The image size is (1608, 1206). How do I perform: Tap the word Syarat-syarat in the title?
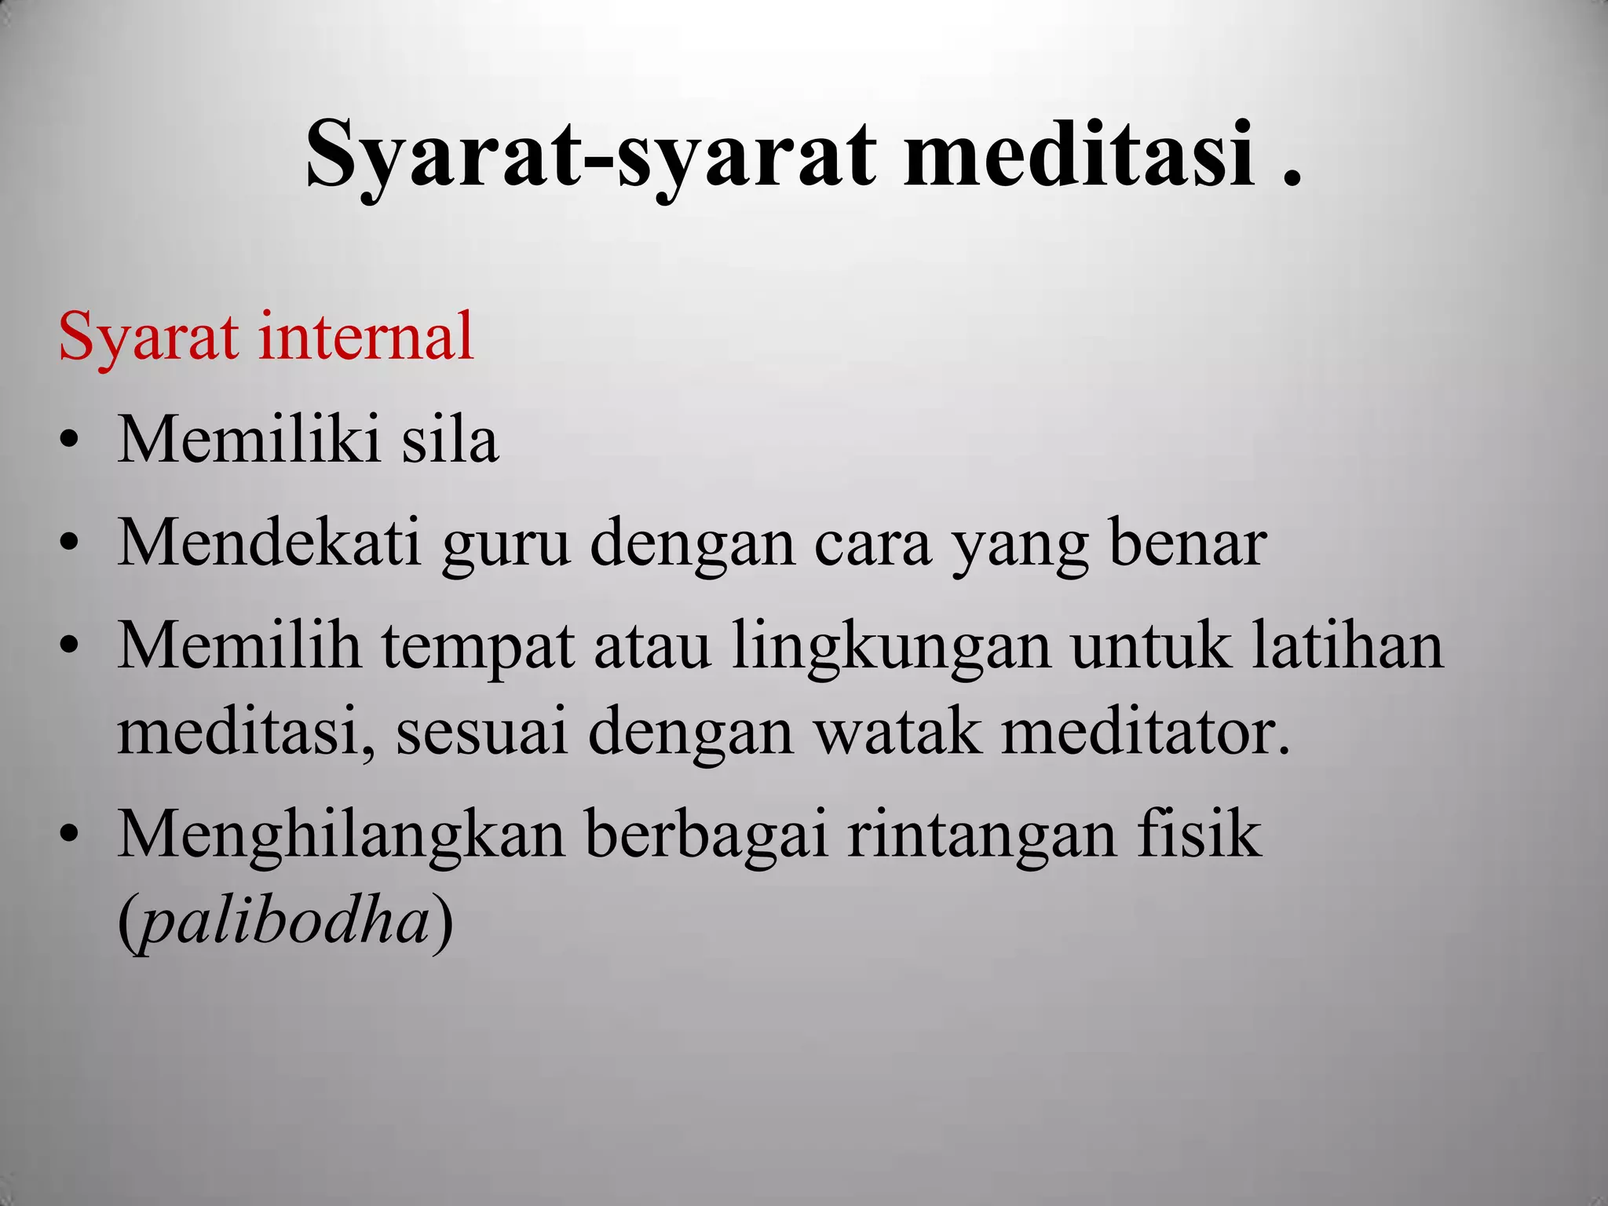click(589, 155)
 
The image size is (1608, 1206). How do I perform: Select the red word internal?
click(366, 336)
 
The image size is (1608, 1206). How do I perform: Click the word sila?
click(450, 440)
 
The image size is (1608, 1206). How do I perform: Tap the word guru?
click(505, 545)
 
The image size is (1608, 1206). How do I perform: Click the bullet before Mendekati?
click(69, 543)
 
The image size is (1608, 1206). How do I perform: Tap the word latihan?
click(1347, 645)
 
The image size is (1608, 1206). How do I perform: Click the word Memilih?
click(239, 645)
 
